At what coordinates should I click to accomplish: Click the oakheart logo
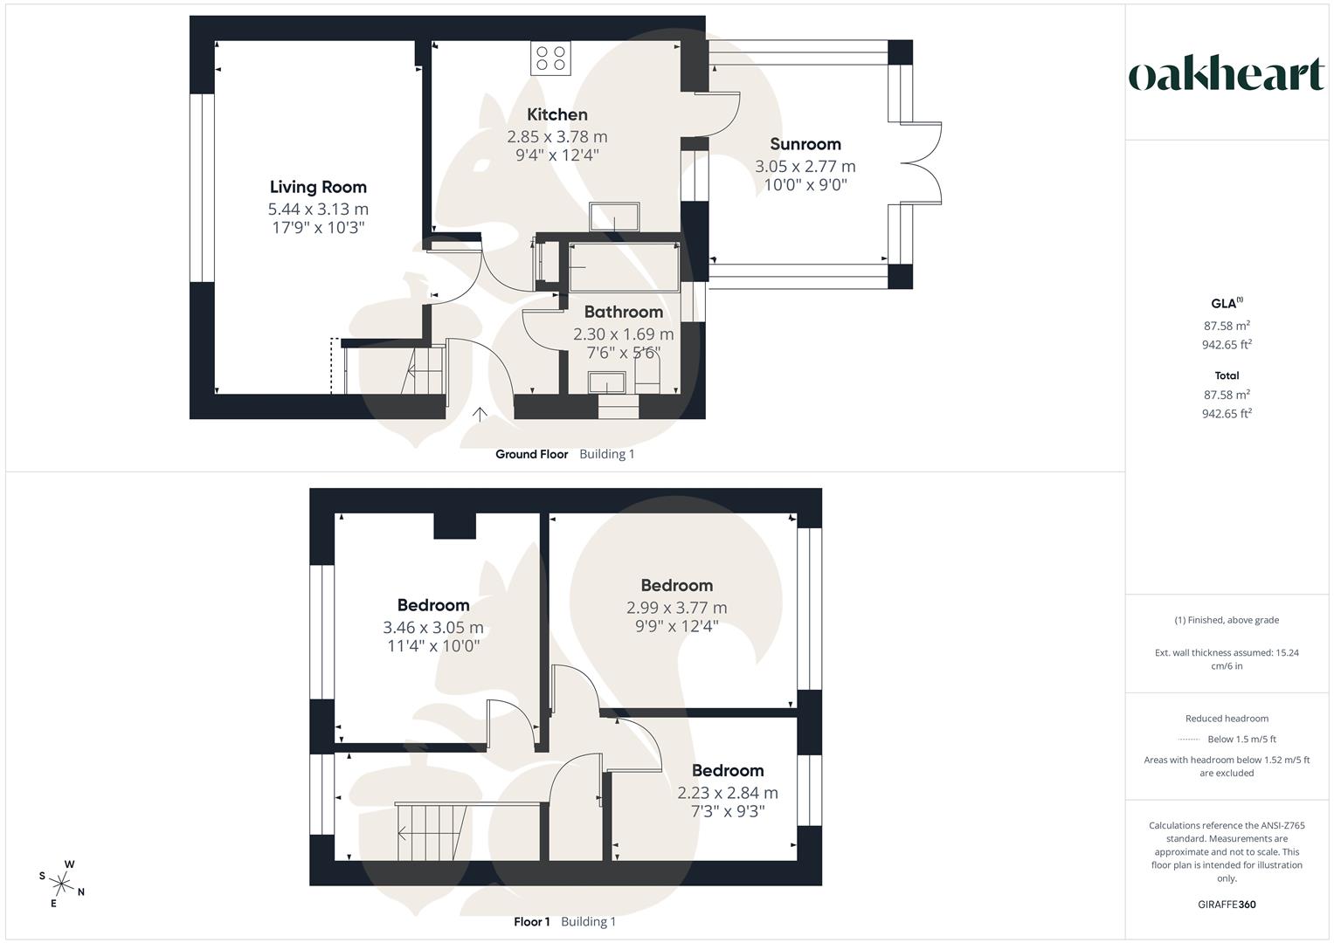coord(1226,74)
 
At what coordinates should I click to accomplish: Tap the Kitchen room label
coord(556,114)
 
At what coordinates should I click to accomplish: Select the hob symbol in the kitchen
coord(550,59)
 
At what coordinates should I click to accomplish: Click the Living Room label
coord(318,187)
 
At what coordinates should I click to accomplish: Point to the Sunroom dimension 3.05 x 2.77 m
coord(805,166)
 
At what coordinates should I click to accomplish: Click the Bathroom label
coord(623,312)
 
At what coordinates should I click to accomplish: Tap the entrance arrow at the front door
coord(479,414)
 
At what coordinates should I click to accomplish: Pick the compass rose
coord(61,883)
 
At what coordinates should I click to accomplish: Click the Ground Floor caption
coord(531,454)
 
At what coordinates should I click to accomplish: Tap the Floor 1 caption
coord(531,921)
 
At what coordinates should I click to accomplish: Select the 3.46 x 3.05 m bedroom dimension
coord(432,627)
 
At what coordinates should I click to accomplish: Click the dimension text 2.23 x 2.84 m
coord(727,793)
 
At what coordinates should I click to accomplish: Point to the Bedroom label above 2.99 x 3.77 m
coord(676,585)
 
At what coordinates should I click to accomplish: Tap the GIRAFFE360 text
coord(1227,905)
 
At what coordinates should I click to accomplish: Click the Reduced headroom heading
coord(1226,719)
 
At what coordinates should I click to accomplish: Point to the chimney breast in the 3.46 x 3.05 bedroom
coord(455,526)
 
